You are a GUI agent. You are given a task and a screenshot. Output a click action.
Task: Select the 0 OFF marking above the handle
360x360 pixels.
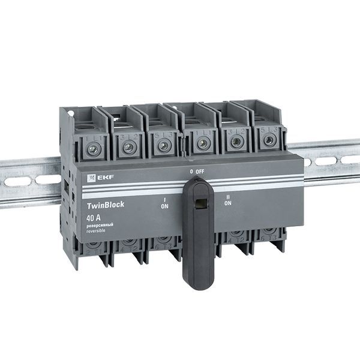click(x=197, y=172)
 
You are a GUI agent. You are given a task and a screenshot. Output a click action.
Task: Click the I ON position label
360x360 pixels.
click(x=164, y=202)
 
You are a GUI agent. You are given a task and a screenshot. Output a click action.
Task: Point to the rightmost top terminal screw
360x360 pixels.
click(x=268, y=140)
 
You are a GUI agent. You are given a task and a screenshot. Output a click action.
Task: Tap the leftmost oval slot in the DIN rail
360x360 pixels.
click(x=13, y=182)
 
